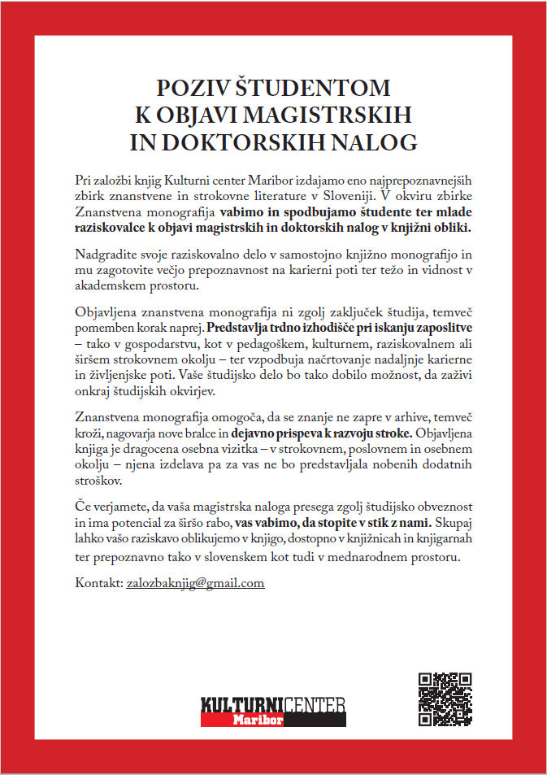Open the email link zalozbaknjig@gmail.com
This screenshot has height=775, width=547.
pos(196,584)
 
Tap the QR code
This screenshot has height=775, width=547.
pos(445,700)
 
